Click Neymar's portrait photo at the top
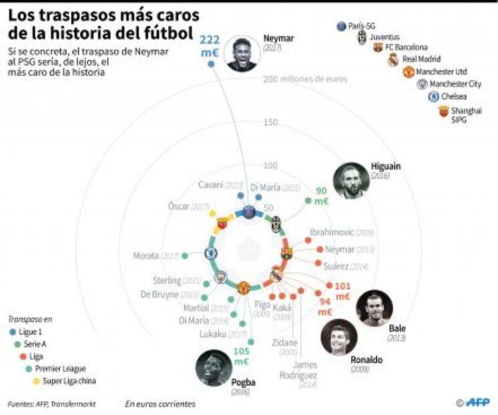click(242, 54)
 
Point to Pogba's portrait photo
click(214, 368)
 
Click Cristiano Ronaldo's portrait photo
click(338, 337)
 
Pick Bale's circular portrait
click(374, 308)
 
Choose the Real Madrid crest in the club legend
click(393, 60)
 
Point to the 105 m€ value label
click(241, 356)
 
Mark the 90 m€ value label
click(321, 196)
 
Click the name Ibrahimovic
click(332, 232)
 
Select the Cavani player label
click(211, 185)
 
